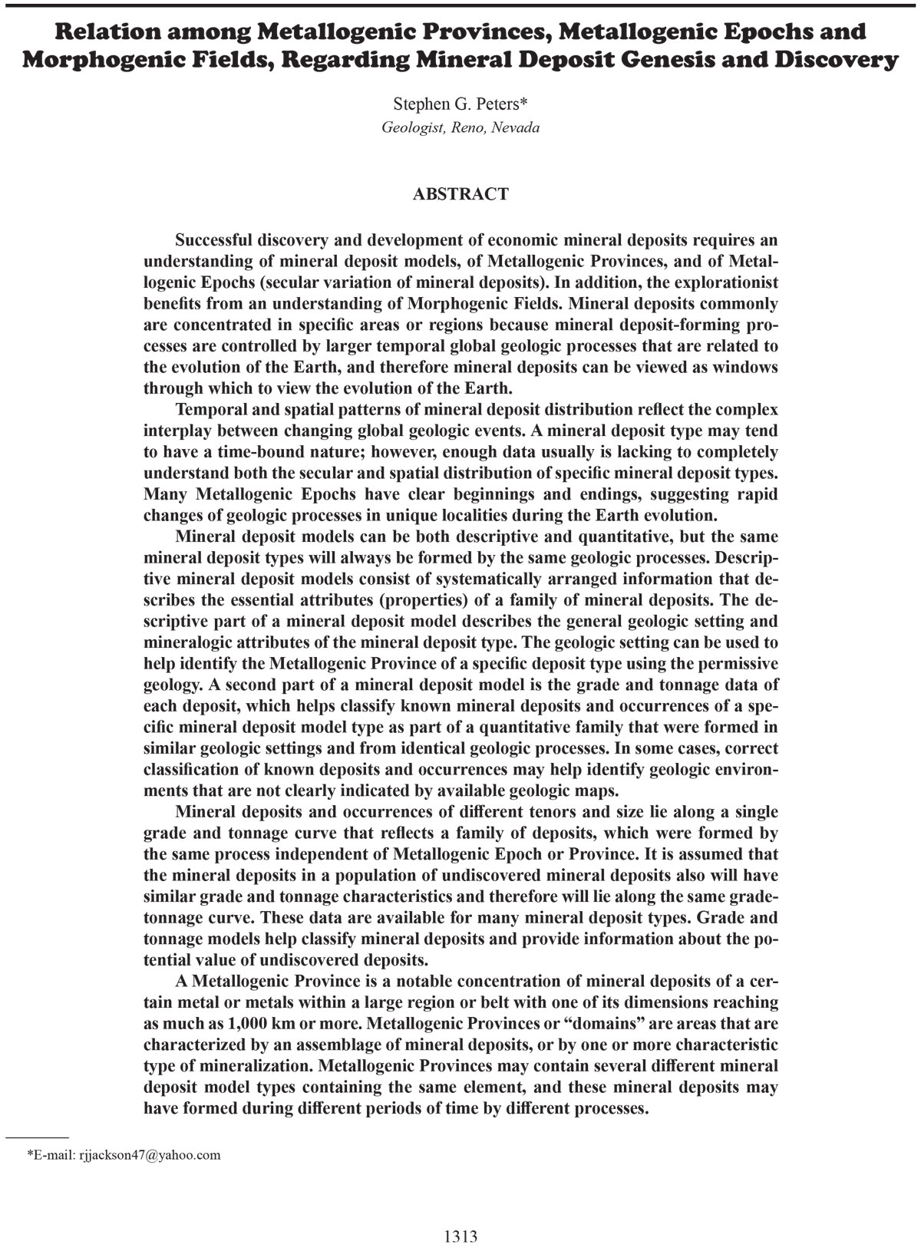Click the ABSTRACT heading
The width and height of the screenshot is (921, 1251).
[x=460, y=194]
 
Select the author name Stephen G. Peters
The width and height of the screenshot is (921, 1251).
[x=456, y=104]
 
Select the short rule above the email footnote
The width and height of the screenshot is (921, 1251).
[x=38, y=1135]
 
